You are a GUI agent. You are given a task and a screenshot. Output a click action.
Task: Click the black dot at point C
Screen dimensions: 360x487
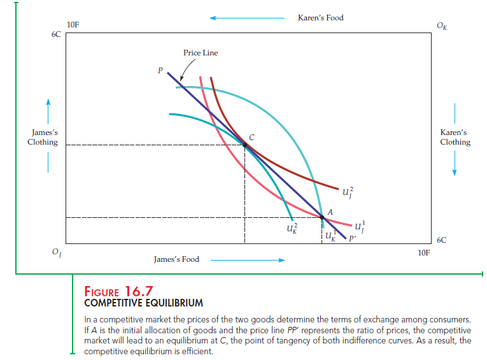(245, 145)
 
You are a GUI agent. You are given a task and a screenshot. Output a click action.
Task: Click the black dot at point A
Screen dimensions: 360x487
(322, 217)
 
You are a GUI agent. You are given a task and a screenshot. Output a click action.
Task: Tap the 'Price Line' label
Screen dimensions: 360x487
(201, 53)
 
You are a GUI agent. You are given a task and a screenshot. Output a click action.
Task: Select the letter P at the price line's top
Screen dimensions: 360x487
(161, 71)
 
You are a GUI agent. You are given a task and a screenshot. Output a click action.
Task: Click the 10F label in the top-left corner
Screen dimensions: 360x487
(73, 25)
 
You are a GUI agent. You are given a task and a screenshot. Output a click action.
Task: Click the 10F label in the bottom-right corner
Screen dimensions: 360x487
(424, 252)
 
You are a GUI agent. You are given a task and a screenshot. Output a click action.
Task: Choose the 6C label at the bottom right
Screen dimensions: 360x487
(442, 240)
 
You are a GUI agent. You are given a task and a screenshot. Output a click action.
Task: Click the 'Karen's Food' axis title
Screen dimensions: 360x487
(320, 18)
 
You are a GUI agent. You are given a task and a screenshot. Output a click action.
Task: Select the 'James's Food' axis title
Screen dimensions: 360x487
(176, 259)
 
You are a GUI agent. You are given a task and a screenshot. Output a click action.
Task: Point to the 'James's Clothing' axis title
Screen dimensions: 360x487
(43, 138)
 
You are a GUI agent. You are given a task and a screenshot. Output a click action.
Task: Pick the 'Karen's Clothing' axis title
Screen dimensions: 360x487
(455, 138)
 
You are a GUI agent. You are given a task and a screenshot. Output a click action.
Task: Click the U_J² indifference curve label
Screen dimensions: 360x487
(347, 192)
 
